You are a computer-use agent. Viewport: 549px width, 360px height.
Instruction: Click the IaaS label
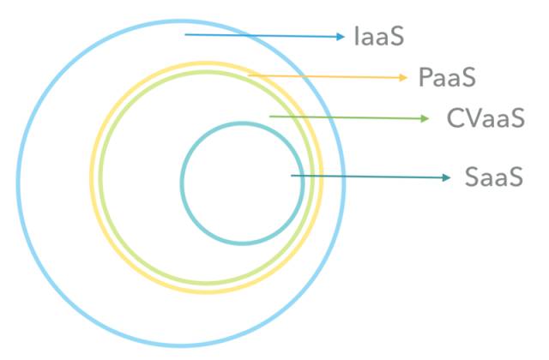pos(378,37)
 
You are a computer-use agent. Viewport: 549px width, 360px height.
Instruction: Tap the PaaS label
pos(447,78)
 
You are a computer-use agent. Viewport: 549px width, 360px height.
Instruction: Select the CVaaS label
pos(485,118)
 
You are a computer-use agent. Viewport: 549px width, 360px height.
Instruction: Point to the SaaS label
pos(493,177)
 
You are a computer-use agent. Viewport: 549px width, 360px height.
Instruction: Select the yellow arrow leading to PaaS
pos(327,76)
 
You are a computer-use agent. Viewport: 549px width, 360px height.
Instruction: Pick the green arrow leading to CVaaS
pos(348,117)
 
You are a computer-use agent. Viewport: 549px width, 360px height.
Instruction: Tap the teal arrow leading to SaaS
pos(370,177)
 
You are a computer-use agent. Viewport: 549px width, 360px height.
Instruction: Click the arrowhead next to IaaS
pos(341,37)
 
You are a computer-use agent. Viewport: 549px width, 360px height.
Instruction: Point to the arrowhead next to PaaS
pos(403,78)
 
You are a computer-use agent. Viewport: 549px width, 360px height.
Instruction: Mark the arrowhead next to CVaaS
pos(425,118)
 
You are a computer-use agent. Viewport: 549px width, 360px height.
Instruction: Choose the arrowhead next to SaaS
pos(446,177)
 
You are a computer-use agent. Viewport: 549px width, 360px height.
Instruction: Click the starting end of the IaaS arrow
pos(185,35)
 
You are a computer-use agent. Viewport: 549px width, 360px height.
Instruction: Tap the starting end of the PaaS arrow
pos(250,75)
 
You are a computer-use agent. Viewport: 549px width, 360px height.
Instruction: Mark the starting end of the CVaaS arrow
pos(270,116)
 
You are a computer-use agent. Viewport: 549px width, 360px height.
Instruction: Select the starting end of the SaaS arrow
pos(293,176)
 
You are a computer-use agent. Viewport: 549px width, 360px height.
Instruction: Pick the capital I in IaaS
pos(357,37)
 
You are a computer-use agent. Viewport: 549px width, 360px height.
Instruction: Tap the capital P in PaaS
pos(426,78)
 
